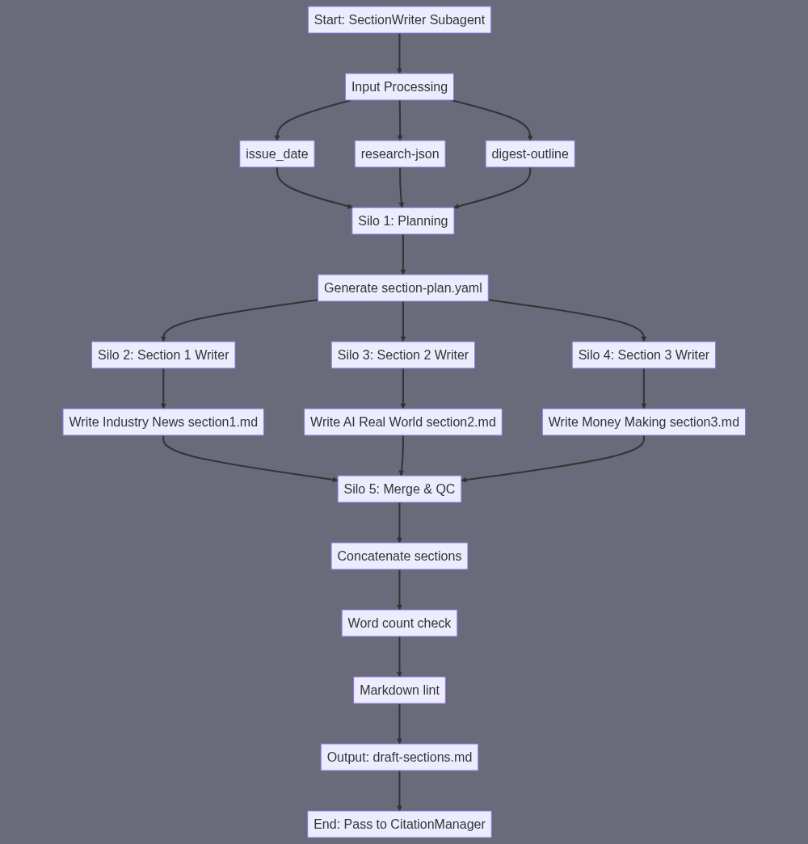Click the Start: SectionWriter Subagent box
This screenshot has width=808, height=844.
click(x=399, y=20)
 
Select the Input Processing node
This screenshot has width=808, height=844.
click(x=399, y=87)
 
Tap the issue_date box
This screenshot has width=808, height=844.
click(x=277, y=154)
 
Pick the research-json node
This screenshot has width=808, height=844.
click(x=400, y=154)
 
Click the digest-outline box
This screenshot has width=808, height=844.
click(x=530, y=154)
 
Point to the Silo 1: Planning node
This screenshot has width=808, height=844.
click(x=403, y=221)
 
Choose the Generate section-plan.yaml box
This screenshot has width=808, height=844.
click(x=403, y=288)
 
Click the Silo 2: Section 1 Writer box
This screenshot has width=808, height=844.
click(x=163, y=355)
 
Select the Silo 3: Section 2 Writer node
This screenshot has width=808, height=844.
click(x=403, y=355)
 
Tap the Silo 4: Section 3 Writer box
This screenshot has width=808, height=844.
click(x=644, y=355)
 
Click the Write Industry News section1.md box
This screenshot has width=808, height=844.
click(x=163, y=422)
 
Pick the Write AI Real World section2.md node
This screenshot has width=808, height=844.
click(x=403, y=422)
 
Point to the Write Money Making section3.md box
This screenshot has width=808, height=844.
click(x=644, y=422)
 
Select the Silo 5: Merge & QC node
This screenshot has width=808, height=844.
click(x=399, y=489)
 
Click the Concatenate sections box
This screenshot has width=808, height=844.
click(x=399, y=556)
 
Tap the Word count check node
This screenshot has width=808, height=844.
click(x=399, y=624)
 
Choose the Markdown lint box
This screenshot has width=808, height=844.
click(x=399, y=691)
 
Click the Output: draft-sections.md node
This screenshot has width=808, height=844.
click(x=399, y=758)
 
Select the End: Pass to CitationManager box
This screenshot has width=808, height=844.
click(x=399, y=825)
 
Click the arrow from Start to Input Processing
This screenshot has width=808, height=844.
click(x=399, y=53)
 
